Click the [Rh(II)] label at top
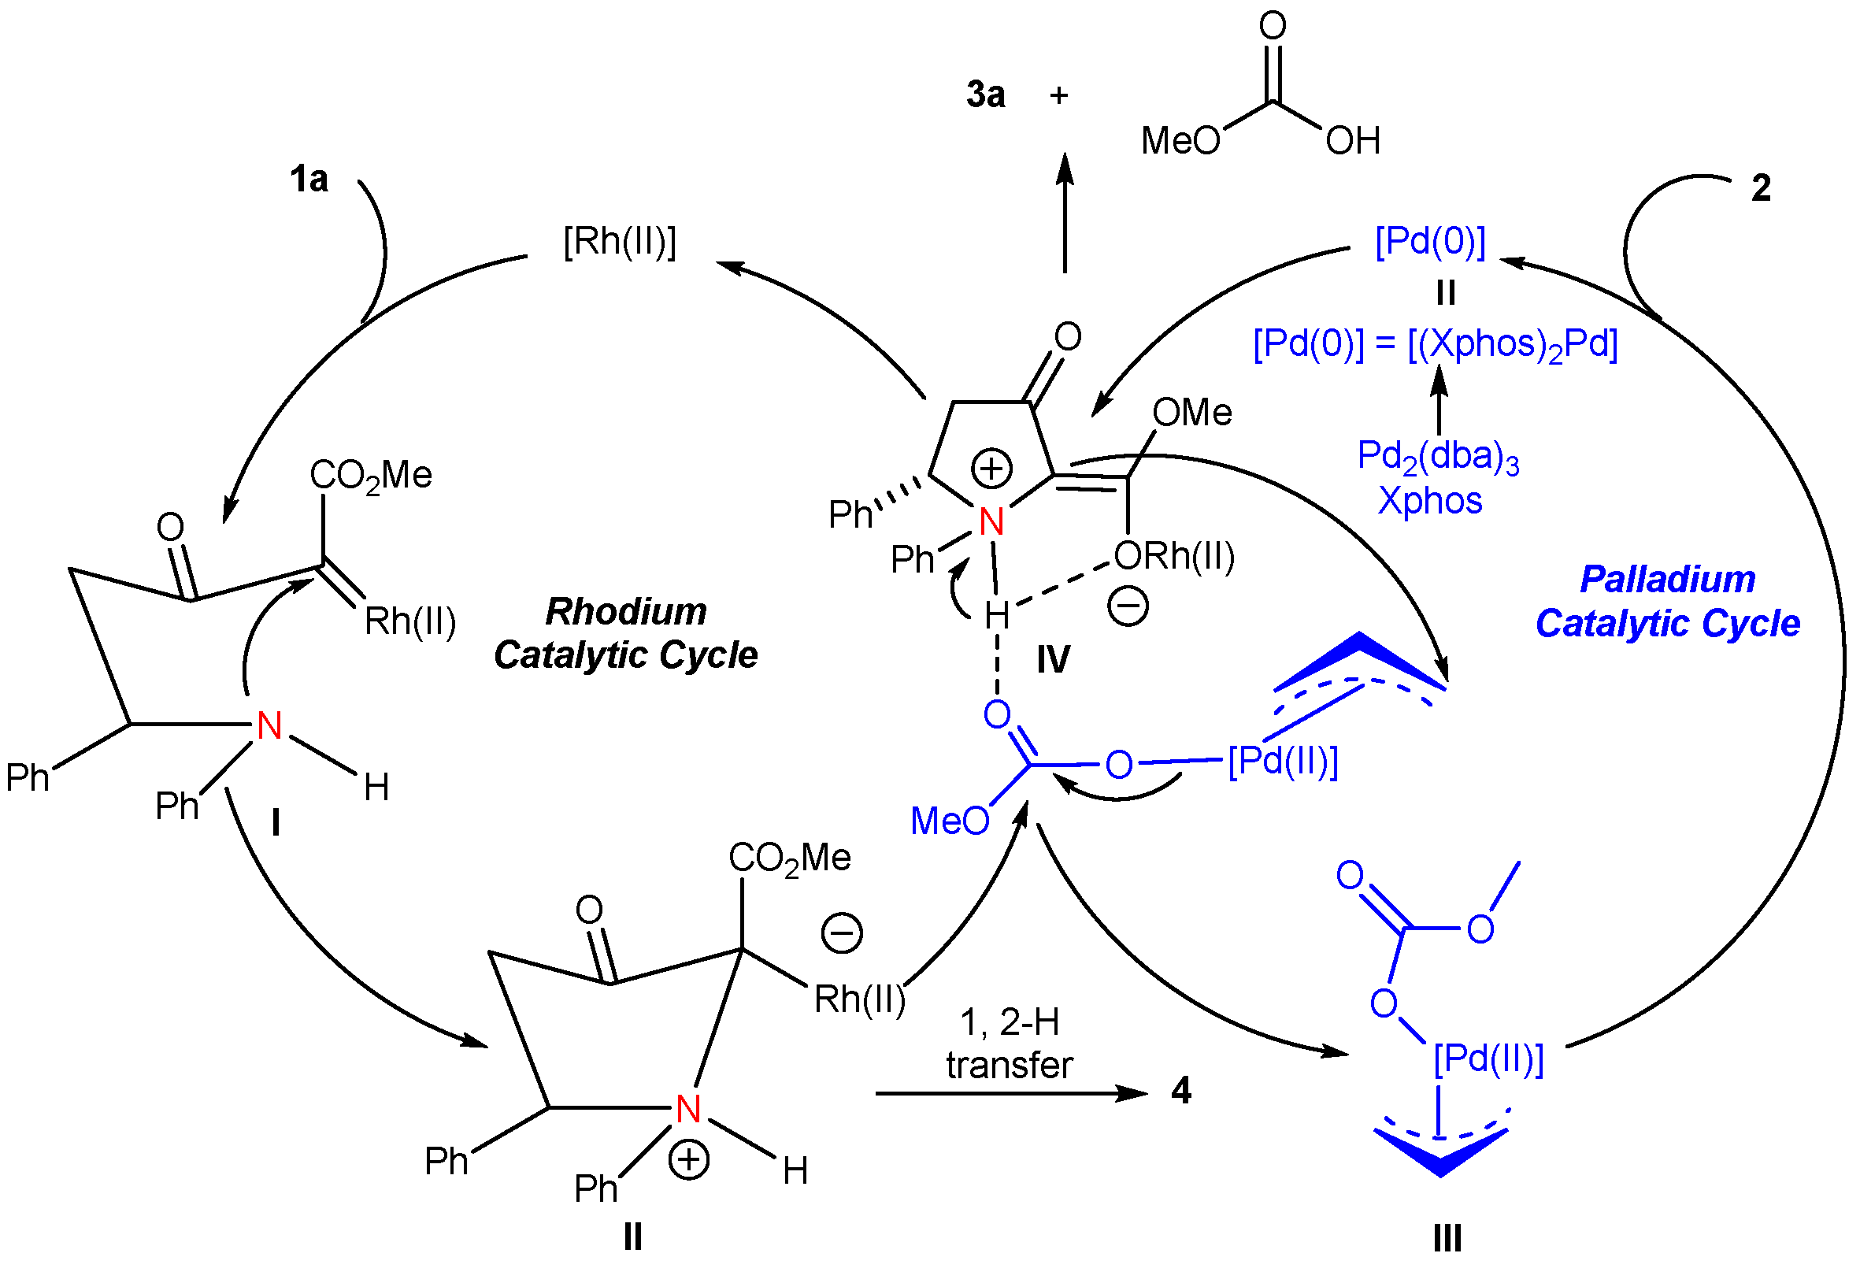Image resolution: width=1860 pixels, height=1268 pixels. pos(620,241)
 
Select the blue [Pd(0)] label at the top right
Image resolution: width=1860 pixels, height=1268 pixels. pos(1429,241)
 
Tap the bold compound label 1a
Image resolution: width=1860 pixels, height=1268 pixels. pos(309,179)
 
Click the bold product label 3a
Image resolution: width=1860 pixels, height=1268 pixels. pos(985,95)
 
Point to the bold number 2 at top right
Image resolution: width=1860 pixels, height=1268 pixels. pos(1761,188)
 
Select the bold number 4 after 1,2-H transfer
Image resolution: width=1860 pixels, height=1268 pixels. pos(1180,1090)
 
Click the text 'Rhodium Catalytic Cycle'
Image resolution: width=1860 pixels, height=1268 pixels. pos(626,633)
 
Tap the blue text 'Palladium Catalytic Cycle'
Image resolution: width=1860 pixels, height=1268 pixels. pos(1668,601)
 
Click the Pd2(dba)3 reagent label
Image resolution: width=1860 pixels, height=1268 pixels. pos(1437,457)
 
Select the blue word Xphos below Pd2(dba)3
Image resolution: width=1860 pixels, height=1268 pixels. pos(1429,501)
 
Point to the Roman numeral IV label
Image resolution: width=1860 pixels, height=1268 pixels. pos(1053,661)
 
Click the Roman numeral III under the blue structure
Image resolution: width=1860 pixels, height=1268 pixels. pos(1447,1238)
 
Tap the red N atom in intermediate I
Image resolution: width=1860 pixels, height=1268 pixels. pos(269,726)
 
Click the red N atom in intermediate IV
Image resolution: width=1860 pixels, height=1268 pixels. pos(991,523)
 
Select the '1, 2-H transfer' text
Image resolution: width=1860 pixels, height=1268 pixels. pos(1009,1044)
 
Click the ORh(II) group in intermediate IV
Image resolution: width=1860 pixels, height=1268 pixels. pos(1173,556)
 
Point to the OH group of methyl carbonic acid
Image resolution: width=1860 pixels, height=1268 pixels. pos(1353,141)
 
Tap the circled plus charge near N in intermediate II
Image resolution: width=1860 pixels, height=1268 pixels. pos(688,1160)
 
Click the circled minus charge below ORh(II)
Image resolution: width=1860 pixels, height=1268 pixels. pos(1128,605)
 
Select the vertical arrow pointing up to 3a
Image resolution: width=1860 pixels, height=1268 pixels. pos(1065,212)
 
